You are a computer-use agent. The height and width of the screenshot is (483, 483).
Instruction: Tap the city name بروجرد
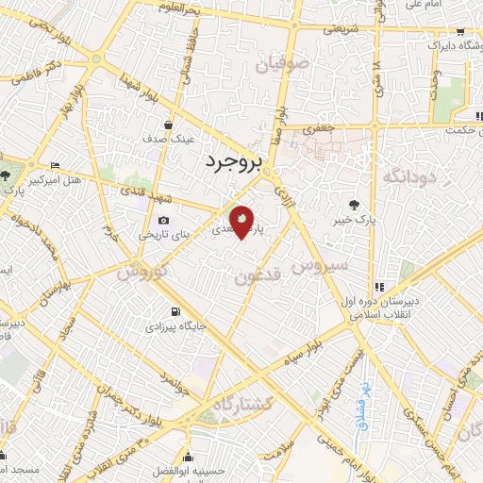[x=230, y=163]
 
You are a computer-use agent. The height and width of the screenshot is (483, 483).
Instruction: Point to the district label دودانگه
[x=408, y=176]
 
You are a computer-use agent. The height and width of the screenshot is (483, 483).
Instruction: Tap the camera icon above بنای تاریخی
[x=163, y=220]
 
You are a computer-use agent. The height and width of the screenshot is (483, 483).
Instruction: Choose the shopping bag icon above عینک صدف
[x=169, y=124]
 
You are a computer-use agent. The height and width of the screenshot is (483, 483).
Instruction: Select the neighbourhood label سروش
[x=319, y=267]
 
